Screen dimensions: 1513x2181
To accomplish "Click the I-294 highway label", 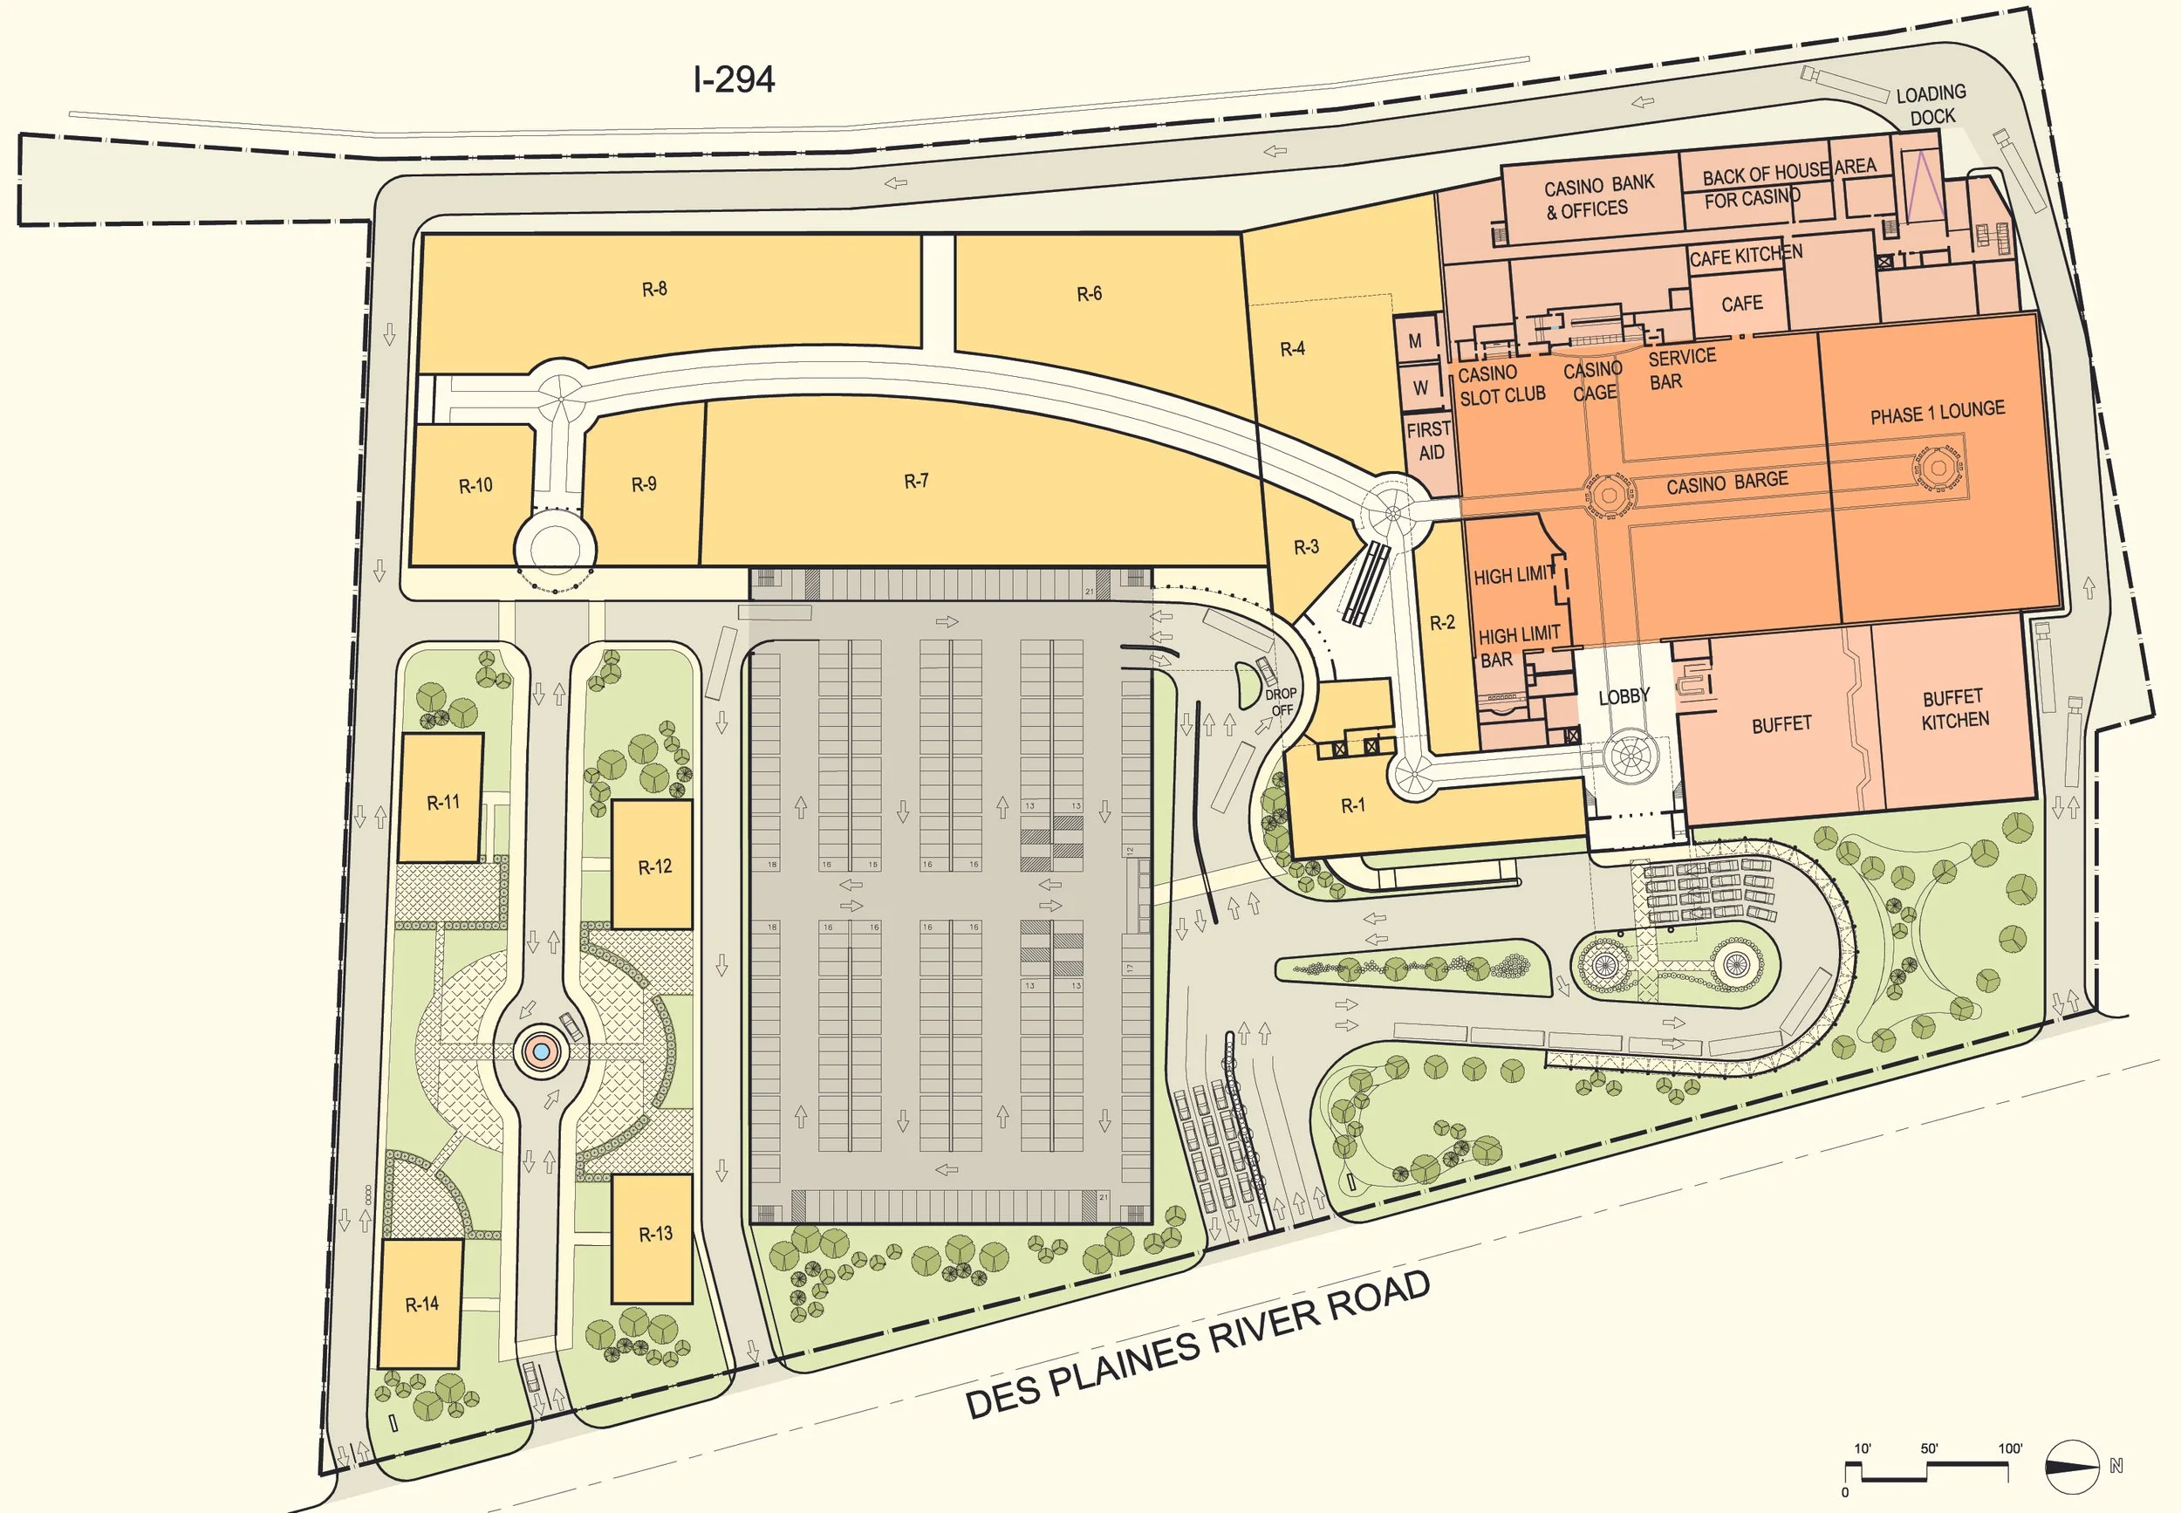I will coord(735,79).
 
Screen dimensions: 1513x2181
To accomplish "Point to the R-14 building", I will coord(420,1304).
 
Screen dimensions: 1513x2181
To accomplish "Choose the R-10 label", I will coord(475,485).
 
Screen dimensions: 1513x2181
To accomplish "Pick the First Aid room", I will coord(1428,442).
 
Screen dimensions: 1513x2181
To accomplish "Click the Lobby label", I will coord(1624,697).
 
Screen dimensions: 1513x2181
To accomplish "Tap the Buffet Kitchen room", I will coord(1953,709).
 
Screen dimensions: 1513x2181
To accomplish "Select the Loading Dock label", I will coord(1931,106).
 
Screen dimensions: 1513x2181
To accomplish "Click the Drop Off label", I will coord(1281,702).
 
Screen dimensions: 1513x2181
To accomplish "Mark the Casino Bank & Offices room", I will coord(1598,196).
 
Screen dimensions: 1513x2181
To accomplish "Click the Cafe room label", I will coord(1741,305).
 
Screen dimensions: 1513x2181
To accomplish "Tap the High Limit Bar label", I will coord(1516,647).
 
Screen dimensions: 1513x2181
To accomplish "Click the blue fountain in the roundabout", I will coord(540,1051).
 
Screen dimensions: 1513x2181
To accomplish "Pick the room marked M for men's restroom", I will coord(1415,341).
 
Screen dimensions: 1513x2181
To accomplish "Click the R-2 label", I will coord(1442,623).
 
